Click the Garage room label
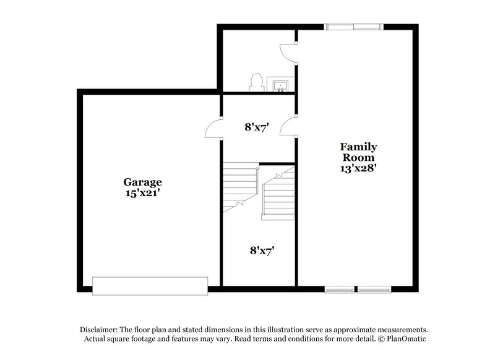point(142,182)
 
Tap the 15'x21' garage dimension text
point(142,192)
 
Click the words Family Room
point(358,152)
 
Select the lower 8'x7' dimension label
point(262,251)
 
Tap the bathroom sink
point(280,85)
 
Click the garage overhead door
point(150,286)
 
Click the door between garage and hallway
point(213,129)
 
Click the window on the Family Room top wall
point(353,26)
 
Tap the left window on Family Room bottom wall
point(340,288)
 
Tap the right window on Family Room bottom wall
point(374,288)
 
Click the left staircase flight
point(240,186)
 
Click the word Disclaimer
point(99,330)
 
